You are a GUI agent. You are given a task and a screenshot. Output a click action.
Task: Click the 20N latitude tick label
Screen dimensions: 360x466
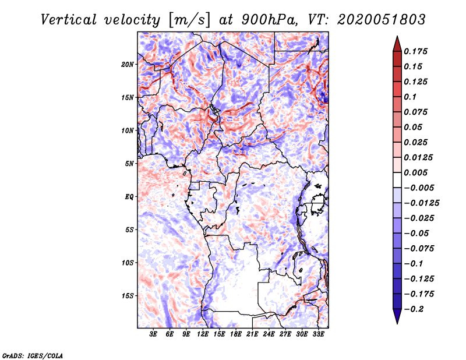(x=128, y=64)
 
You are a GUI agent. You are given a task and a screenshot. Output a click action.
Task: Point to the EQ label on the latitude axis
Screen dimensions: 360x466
(x=129, y=197)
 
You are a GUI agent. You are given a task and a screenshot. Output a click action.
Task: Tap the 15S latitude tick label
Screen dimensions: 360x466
(x=128, y=296)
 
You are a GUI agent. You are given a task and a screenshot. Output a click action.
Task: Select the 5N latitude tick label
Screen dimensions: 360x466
(x=129, y=164)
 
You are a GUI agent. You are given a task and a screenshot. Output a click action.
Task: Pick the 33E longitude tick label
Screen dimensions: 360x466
(x=318, y=334)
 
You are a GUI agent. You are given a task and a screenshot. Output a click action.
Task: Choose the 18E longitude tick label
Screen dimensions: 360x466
(x=236, y=334)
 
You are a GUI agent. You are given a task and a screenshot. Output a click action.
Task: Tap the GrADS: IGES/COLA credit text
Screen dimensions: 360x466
(x=32, y=355)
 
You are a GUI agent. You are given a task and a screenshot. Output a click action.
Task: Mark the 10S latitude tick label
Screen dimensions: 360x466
(x=128, y=263)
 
